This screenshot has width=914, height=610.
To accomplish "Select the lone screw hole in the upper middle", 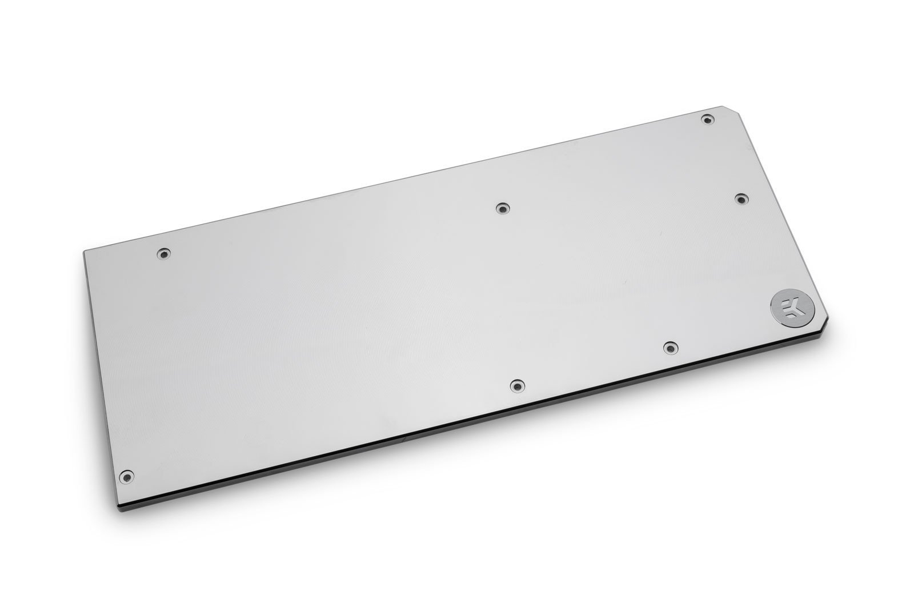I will point(502,209).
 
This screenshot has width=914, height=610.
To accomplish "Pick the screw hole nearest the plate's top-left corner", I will point(164,253).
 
